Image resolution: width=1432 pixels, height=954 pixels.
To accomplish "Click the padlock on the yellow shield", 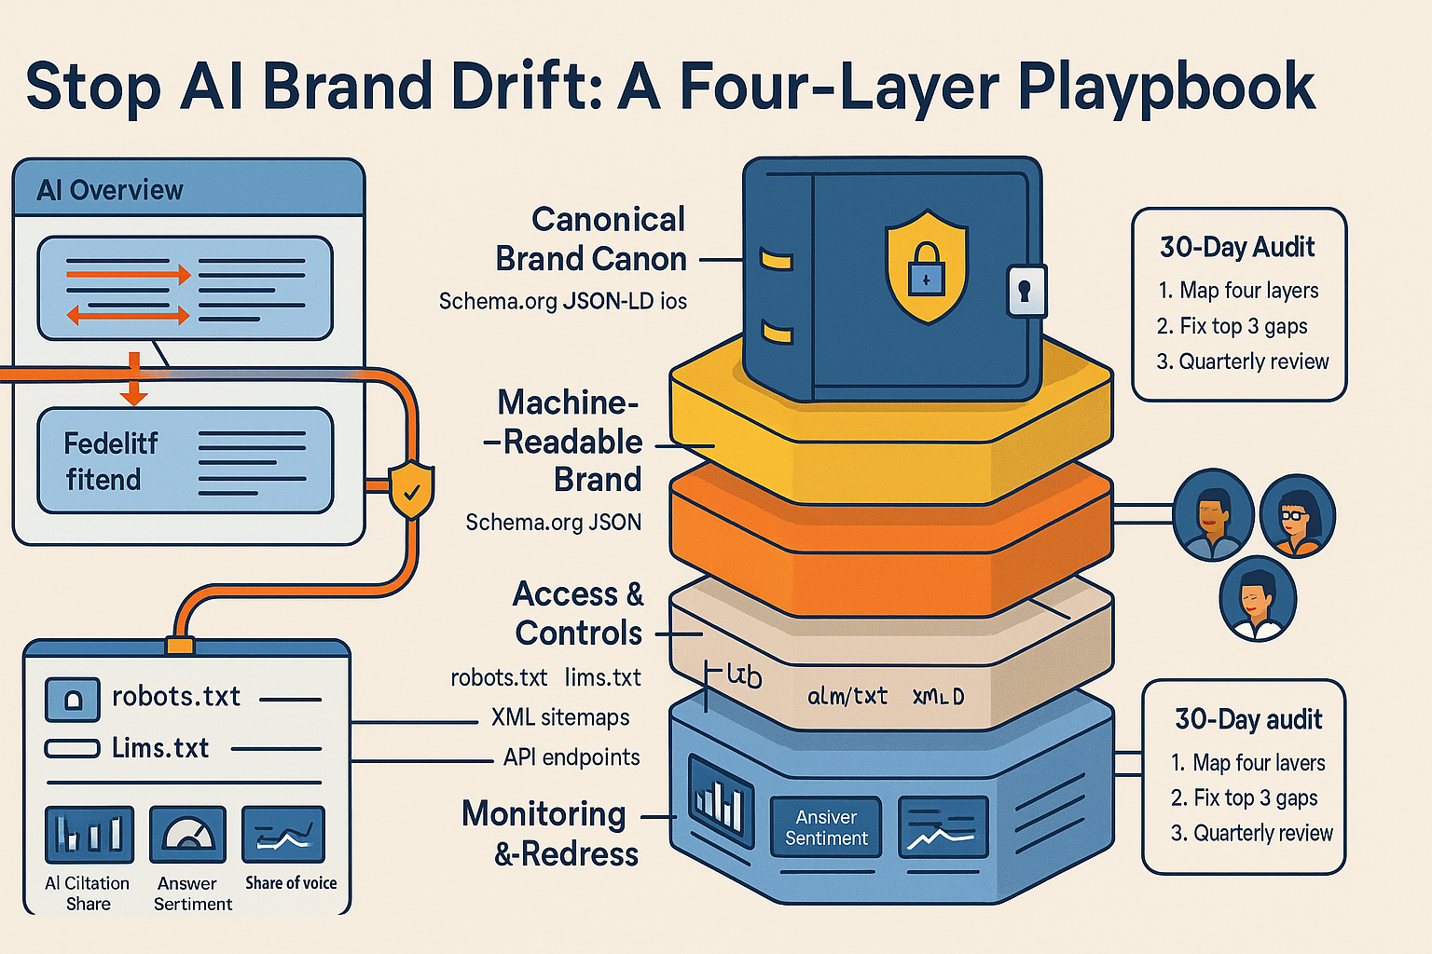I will [x=926, y=271].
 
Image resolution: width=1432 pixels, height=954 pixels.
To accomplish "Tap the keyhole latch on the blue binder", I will [x=1026, y=291].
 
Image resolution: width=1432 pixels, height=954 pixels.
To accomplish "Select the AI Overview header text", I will [x=110, y=190].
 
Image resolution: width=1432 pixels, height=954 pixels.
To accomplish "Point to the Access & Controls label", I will [x=578, y=613].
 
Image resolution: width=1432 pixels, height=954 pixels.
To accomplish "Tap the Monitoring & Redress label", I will [x=550, y=833].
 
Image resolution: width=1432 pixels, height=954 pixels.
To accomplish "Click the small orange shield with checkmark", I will [x=411, y=488].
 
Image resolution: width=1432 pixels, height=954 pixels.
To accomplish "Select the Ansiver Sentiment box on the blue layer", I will [x=826, y=827].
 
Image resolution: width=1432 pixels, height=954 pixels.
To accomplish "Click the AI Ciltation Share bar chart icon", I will [x=89, y=834].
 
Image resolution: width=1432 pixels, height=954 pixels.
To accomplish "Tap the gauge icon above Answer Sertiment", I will [x=188, y=834].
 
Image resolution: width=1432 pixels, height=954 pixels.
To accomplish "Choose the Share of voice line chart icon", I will [x=283, y=834].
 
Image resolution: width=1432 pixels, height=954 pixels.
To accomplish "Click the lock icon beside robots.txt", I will [x=72, y=699].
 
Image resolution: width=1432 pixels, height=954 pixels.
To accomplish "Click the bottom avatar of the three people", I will [x=1258, y=598].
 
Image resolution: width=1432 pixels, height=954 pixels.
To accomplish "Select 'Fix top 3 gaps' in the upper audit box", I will [x=1232, y=326].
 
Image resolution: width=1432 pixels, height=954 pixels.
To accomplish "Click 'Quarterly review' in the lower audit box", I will [x=1252, y=833].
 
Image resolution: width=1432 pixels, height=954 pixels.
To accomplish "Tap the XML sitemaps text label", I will [x=560, y=717].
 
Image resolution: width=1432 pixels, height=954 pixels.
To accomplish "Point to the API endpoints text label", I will [x=571, y=757].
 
